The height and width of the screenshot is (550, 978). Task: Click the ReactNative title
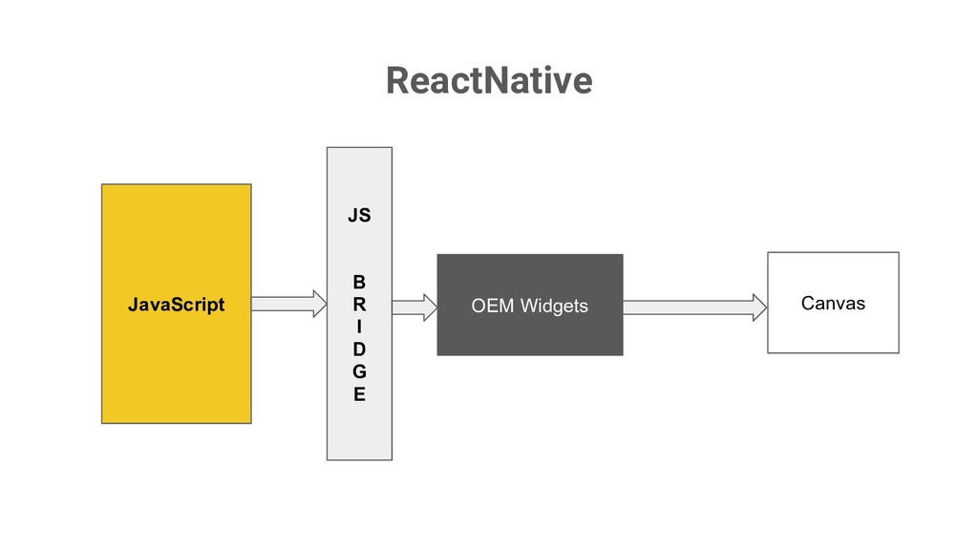(489, 81)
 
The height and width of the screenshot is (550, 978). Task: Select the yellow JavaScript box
(177, 304)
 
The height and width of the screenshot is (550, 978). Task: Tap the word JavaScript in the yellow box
(177, 305)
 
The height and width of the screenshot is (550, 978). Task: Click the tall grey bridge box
(359, 304)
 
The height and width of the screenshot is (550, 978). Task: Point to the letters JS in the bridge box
(359, 215)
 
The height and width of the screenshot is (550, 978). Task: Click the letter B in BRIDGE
(359, 282)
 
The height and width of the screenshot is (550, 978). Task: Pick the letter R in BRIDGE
(359, 305)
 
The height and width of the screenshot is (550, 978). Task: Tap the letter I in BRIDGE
(359, 327)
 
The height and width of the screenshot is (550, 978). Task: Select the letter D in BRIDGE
(359, 349)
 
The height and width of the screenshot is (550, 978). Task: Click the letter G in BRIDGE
(359, 371)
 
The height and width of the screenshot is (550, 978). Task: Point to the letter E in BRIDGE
(359, 394)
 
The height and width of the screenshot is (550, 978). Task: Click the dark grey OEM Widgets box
(530, 305)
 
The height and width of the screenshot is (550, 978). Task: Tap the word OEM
(493, 306)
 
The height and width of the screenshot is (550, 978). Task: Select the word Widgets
(555, 307)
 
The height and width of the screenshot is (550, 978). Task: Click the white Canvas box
(833, 303)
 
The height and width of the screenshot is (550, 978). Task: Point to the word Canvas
(833, 303)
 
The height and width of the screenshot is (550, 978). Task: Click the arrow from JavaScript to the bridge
(289, 304)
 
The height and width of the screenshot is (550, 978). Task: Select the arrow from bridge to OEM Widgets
(415, 307)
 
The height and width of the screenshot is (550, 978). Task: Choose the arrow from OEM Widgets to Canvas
(695, 307)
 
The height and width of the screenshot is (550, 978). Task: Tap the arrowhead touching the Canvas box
(759, 307)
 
